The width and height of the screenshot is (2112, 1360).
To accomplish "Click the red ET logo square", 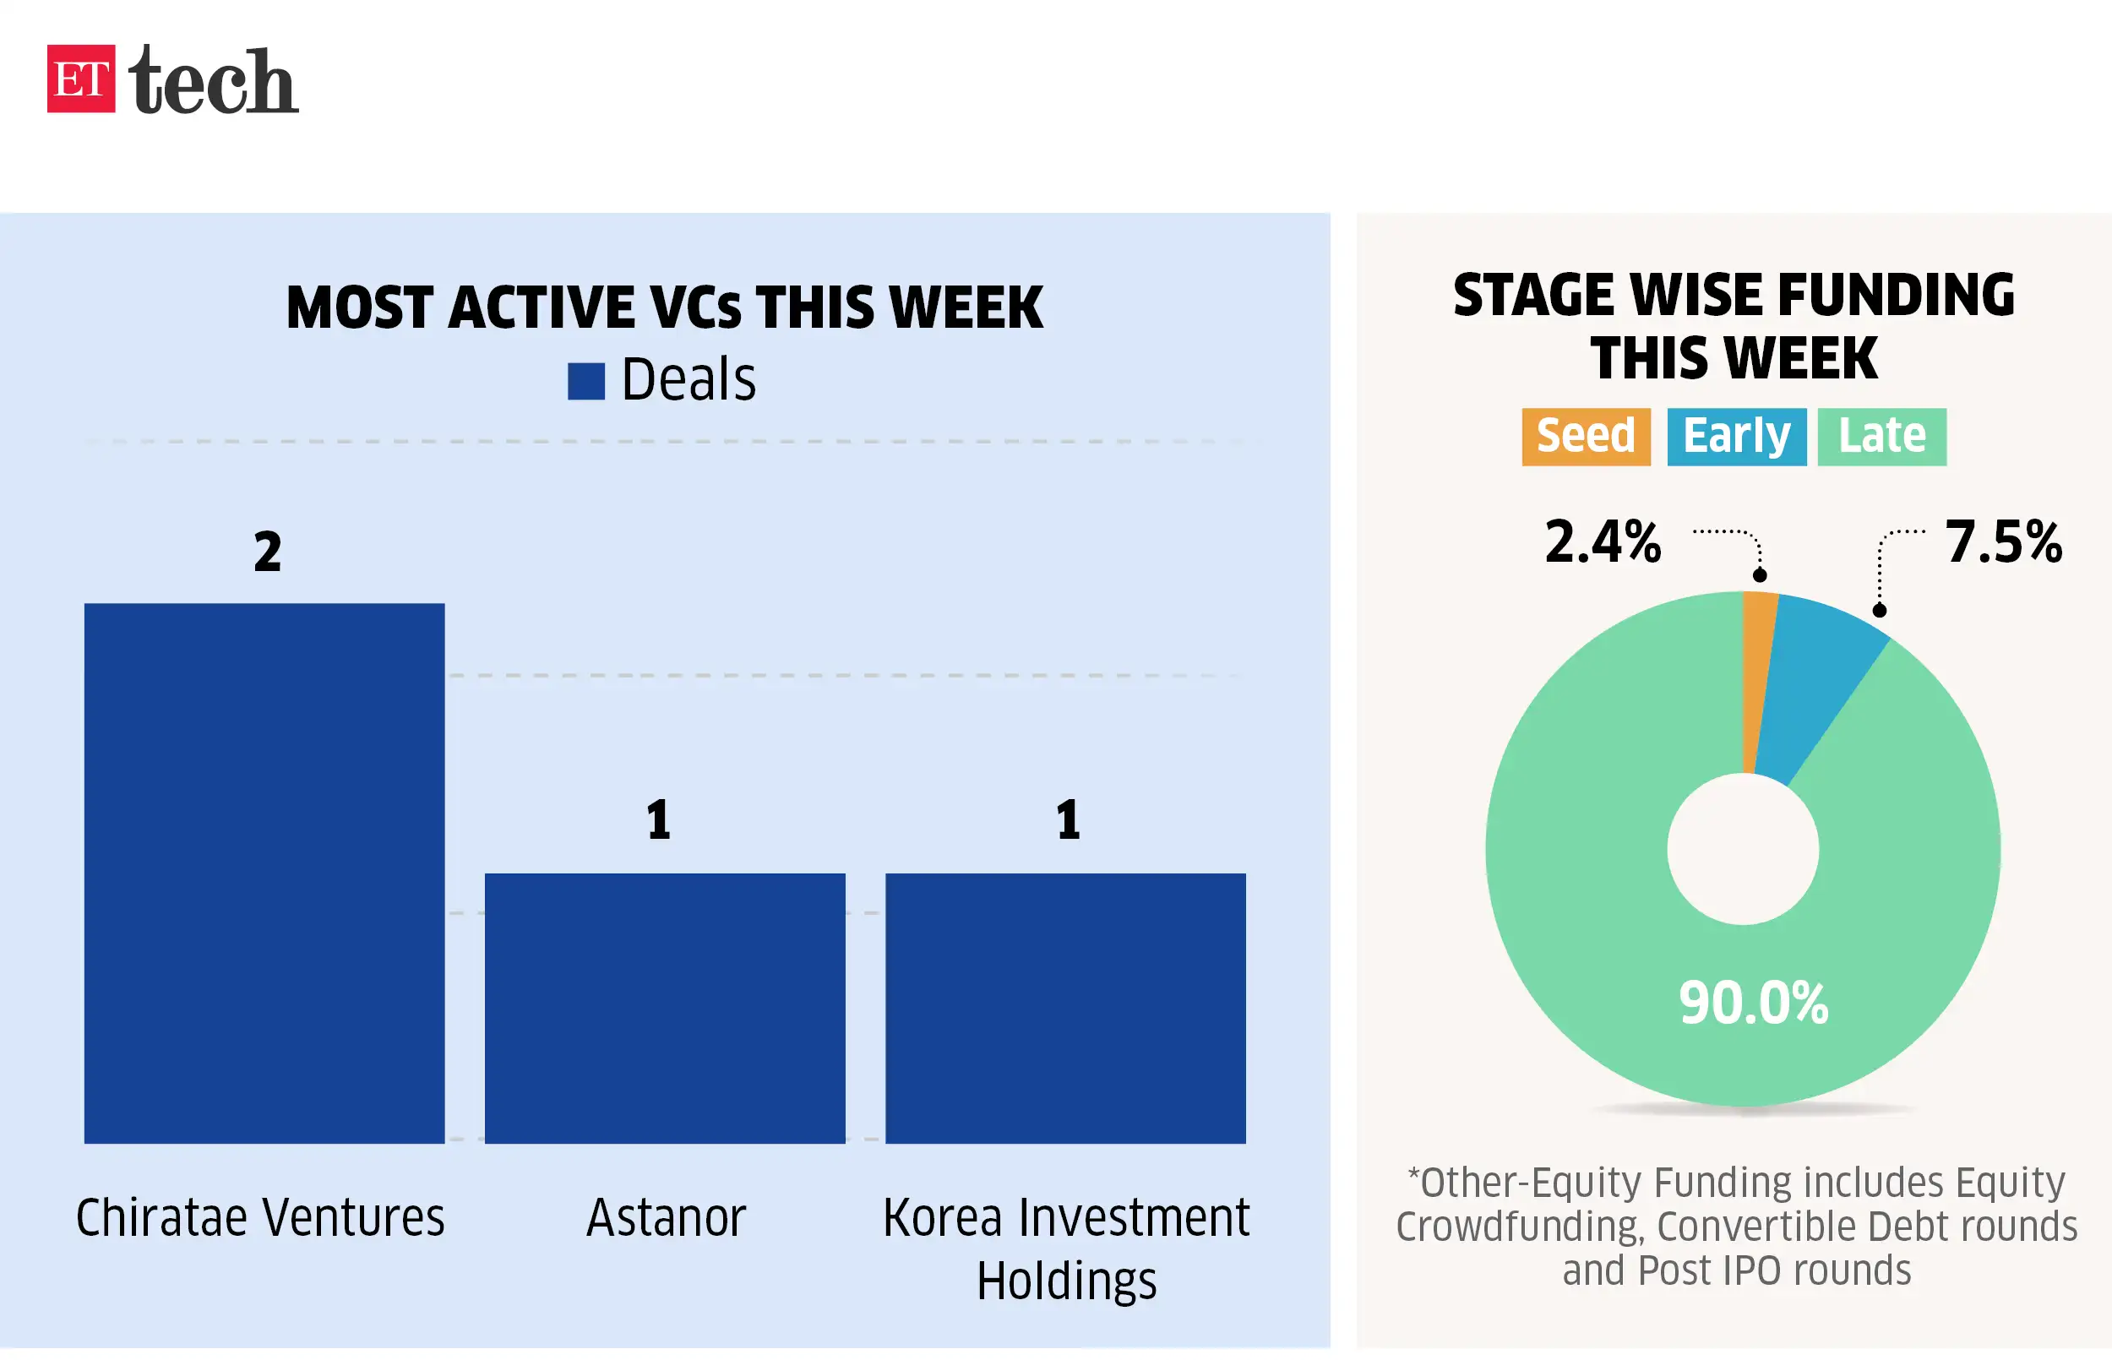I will click(x=80, y=79).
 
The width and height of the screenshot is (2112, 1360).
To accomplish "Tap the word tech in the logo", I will click(x=213, y=81).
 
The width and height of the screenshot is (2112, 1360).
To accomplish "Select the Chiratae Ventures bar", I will click(x=264, y=873).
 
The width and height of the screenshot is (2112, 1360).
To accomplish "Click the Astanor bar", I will click(x=665, y=1008).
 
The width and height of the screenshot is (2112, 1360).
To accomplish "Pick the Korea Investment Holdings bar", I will click(x=1064, y=1008).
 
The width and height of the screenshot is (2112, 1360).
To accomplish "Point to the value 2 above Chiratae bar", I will click(x=268, y=552).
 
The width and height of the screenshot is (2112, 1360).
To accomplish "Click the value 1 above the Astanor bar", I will click(x=659, y=819).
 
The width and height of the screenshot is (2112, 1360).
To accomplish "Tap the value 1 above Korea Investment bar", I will click(x=1069, y=819).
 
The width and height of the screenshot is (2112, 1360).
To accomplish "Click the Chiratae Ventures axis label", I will click(x=260, y=1218).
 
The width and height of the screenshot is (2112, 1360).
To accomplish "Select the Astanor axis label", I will click(x=667, y=1218).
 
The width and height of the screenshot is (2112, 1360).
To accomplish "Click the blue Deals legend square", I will click(x=585, y=382).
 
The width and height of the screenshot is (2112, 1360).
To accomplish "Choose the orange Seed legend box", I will click(x=1586, y=436).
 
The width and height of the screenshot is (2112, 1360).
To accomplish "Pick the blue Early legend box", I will click(x=1736, y=436).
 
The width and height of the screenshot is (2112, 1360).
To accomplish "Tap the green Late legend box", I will click(x=1881, y=436).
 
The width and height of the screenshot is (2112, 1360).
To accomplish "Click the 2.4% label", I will click(x=1603, y=541).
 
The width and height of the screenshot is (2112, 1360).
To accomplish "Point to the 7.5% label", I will click(x=2003, y=541).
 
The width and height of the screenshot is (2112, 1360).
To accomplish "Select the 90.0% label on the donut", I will click(x=1754, y=1004).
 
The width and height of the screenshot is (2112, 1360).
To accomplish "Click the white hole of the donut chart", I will click(x=1743, y=849).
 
